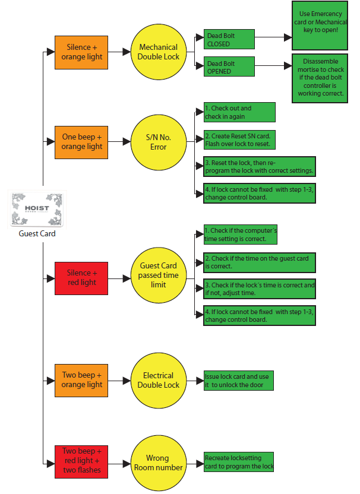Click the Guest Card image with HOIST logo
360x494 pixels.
[x=37, y=210]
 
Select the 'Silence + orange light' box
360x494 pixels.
[x=81, y=52]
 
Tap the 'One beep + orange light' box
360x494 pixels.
[x=81, y=142]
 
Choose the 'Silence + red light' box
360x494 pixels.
[x=81, y=278]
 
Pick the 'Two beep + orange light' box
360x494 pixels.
[x=81, y=380]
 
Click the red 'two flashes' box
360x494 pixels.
[x=81, y=462]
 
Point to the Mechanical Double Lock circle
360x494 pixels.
[x=159, y=52]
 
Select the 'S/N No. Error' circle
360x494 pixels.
[x=159, y=142]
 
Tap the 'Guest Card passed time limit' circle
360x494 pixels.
[x=159, y=275]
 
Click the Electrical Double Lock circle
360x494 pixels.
[x=159, y=380]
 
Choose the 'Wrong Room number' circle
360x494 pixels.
[x=159, y=463]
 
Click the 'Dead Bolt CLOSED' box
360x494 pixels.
[x=229, y=39]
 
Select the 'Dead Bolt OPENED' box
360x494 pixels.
[x=229, y=66]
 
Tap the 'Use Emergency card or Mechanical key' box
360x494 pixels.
[x=320, y=26]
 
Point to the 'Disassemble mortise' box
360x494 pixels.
[x=320, y=78]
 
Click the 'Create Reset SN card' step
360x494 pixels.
[x=239, y=140]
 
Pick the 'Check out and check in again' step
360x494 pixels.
[x=239, y=112]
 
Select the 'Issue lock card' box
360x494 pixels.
[x=239, y=381]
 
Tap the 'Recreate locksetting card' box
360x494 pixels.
[x=239, y=462]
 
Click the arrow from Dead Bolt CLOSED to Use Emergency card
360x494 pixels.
[x=273, y=37]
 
